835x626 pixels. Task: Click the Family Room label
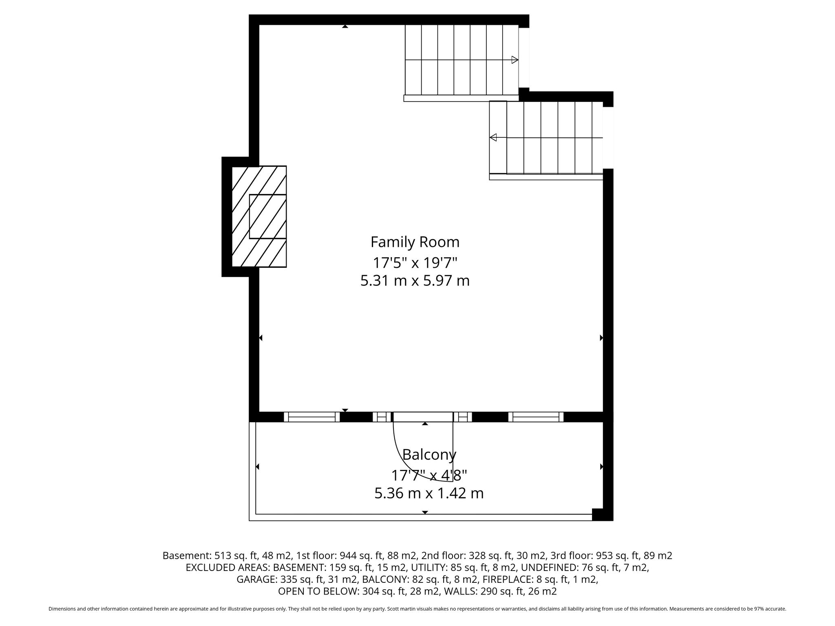pos(415,242)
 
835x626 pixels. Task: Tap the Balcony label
pos(429,454)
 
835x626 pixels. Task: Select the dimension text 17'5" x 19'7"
pos(415,262)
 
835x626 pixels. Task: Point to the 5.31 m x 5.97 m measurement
pos(415,281)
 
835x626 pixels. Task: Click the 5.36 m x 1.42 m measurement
pos(429,493)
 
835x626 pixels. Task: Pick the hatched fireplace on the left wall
pos(259,216)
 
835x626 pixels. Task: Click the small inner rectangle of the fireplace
pos(268,216)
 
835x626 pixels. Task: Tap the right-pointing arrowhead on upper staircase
pos(515,60)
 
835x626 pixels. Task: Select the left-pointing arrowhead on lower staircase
pos(493,137)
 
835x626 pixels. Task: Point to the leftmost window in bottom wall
pos(312,417)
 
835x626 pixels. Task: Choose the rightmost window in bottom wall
pos(536,417)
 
